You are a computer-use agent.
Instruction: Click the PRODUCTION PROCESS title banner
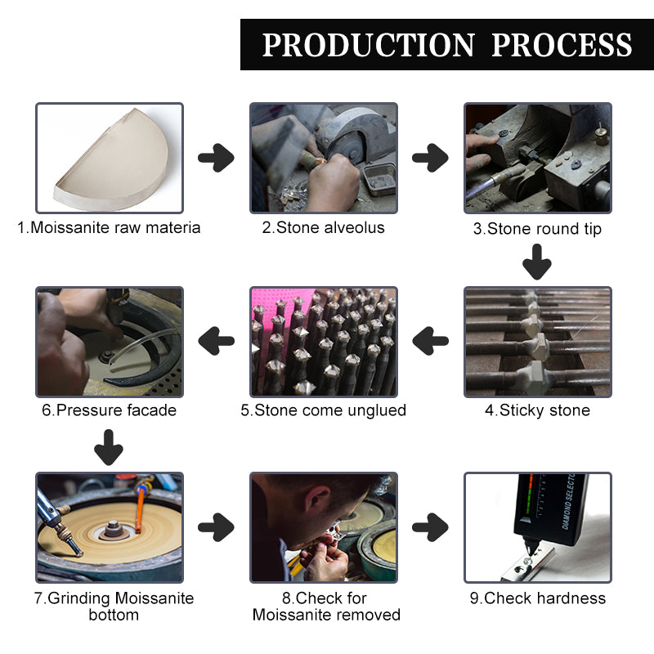point(446,45)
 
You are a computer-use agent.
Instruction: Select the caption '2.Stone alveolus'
point(323,228)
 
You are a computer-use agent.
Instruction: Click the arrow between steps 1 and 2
point(216,157)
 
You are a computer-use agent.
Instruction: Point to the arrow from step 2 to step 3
point(430,157)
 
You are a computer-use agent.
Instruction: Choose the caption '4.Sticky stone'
point(537,410)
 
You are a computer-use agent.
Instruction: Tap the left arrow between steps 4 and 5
point(430,340)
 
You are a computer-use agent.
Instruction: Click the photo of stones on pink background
point(323,341)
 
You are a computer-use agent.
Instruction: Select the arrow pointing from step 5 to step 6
point(216,340)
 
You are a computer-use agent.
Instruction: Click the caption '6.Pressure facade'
point(109,410)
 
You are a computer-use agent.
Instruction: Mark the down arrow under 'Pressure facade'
point(109,449)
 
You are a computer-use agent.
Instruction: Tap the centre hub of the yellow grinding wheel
point(112,531)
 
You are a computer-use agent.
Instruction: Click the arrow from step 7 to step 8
point(216,527)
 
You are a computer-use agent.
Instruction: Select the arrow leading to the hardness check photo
point(430,527)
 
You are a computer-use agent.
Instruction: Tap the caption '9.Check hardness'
point(537,598)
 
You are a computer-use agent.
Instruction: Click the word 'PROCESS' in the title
point(562,45)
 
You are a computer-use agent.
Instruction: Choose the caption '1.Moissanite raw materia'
point(109,228)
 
